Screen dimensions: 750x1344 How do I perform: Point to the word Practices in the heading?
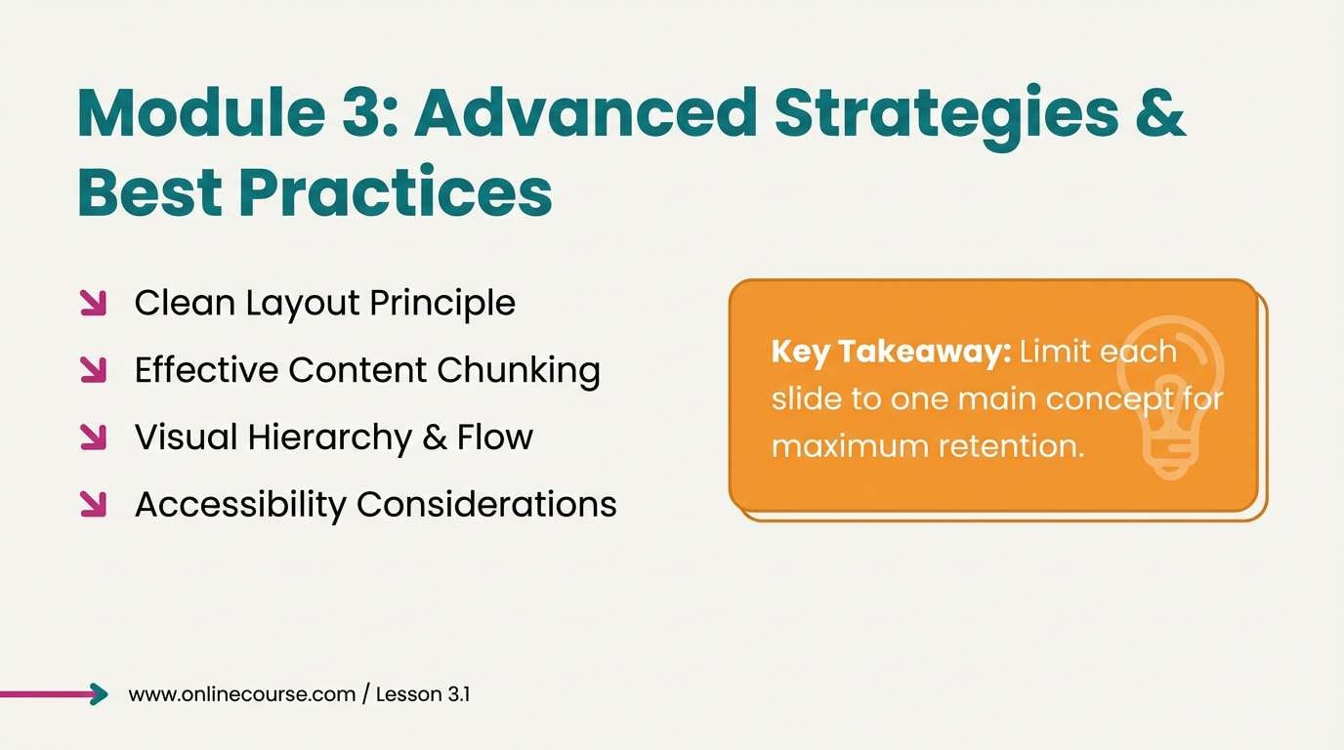point(395,193)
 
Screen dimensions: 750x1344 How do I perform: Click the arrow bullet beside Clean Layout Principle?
point(93,303)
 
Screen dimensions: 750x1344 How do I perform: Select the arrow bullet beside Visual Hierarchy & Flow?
point(93,437)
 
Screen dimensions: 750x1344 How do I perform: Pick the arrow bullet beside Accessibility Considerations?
point(93,504)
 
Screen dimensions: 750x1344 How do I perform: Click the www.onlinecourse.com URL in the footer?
point(241,694)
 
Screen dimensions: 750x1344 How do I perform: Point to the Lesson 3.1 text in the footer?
point(423,694)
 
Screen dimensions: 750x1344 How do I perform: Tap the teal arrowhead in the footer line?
point(99,694)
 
